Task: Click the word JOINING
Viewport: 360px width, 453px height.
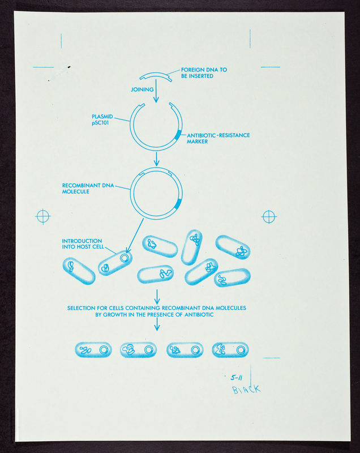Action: pos(142,89)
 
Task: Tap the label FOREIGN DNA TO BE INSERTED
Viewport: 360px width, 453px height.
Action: pos(204,73)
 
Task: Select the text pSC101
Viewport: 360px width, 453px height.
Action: pos(100,123)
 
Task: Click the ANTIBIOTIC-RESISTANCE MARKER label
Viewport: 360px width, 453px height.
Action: pos(218,138)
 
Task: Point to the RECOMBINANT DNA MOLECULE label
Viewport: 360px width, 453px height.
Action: pos(88,189)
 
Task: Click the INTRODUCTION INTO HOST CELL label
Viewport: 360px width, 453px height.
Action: pos(83,244)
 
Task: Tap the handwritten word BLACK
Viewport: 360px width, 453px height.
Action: pos(247,390)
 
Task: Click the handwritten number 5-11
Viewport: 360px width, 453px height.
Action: pos(237,378)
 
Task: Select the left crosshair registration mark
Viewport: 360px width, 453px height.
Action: pos(43,216)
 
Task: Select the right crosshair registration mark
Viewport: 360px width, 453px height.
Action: pos(269,217)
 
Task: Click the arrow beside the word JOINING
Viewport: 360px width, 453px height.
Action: pos(156,91)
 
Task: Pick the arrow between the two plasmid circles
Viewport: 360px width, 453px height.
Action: pos(156,159)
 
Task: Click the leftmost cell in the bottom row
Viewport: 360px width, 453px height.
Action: pos(93,350)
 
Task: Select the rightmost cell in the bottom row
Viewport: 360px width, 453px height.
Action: pos(230,350)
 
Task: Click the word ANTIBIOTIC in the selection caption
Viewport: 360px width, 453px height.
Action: pos(199,315)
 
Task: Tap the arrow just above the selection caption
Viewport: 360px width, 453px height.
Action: pos(157,297)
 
